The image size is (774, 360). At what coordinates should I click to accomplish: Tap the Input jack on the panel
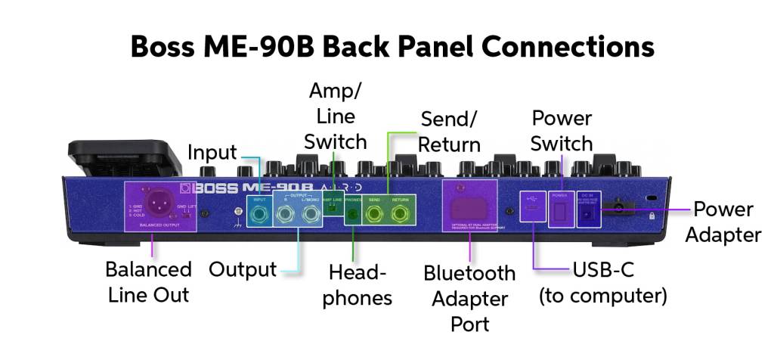coord(260,216)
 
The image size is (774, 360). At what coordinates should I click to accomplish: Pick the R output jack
coord(285,216)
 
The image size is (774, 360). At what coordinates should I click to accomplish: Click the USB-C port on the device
coord(532,208)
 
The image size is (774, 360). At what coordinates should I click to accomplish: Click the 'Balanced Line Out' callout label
coord(148,282)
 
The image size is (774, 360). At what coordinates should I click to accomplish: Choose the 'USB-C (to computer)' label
coord(602,282)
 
